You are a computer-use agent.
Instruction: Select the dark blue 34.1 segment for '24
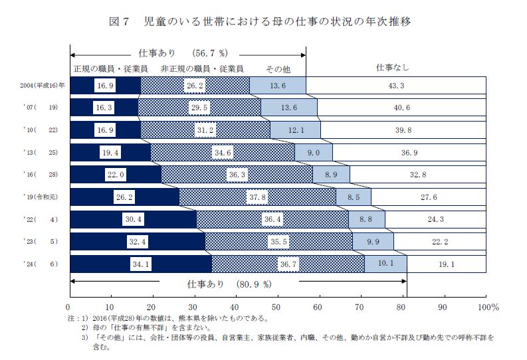click(140, 264)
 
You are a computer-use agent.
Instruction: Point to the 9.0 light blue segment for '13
click(314, 153)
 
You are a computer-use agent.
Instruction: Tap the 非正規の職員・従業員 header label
click(201, 68)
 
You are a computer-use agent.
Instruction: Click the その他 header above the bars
click(278, 68)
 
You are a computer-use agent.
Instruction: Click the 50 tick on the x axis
click(276, 307)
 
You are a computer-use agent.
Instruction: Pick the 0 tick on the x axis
click(68, 307)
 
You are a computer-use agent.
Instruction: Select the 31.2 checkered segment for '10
click(205, 130)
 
